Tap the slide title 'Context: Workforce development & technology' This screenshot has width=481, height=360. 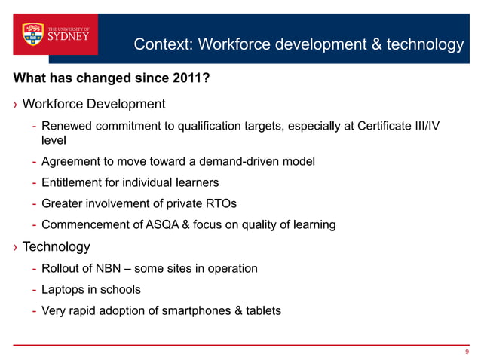(x=299, y=44)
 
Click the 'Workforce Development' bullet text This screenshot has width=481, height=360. (x=93, y=103)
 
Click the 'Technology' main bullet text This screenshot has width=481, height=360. (x=57, y=246)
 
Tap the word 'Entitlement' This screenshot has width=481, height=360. (x=72, y=182)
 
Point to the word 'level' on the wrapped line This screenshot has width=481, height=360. (x=54, y=139)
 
